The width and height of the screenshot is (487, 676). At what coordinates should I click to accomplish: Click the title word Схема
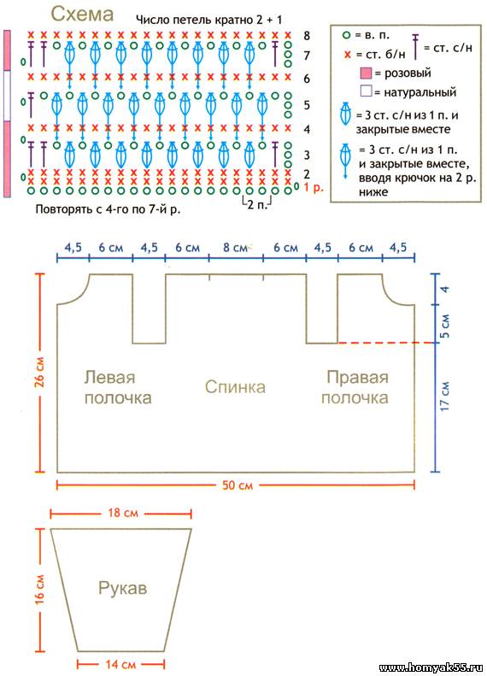pos(82,15)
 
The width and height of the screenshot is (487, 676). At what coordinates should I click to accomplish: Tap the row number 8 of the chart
pos(307,35)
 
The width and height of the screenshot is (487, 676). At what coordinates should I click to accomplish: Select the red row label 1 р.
pos(313,187)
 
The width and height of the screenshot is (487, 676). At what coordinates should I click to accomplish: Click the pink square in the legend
pos(366,73)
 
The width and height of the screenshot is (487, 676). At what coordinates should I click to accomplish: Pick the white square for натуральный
pos(366,91)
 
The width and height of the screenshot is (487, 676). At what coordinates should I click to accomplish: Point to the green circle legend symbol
pos(346,35)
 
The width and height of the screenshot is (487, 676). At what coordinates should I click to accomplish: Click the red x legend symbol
pos(347,55)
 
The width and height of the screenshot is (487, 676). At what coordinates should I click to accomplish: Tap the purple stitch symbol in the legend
pos(415,46)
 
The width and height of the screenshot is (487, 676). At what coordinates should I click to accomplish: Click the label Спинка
pos(235,386)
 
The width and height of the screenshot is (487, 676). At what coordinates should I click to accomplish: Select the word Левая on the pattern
pos(109,377)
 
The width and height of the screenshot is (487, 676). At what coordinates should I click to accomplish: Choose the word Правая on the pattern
pos(357,377)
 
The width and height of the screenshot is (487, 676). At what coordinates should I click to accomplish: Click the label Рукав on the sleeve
pos(123,588)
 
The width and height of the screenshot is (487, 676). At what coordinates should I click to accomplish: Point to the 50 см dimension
pos(238,485)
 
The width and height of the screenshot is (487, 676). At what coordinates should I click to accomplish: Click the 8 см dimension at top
pos(235,248)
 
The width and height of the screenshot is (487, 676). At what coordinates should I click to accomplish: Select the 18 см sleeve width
pos(123,513)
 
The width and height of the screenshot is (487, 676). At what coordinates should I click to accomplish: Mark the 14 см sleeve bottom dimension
pos(121,664)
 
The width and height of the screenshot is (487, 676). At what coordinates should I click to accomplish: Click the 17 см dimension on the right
pos(445,396)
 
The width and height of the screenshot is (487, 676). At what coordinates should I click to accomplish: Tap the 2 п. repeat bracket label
pos(257,204)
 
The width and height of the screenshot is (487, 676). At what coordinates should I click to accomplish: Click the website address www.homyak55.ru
pos(431,667)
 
